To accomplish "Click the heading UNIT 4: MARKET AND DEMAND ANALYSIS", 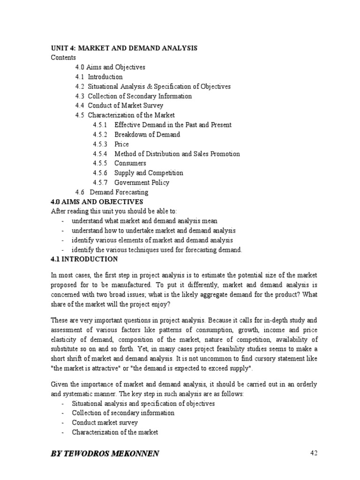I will point(124,48).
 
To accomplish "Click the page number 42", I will point(314,453).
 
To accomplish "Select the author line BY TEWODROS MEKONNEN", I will point(105,453).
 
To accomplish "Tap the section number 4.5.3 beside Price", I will point(100,144).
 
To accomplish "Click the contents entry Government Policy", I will point(142,183).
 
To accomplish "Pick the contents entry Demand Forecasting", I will point(119,192).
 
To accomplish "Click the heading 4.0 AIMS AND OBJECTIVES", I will point(97,202).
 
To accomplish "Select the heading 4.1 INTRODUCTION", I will point(84,259).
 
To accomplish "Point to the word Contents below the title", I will point(63,58).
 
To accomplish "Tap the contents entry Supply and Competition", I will point(149,173).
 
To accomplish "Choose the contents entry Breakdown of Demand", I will point(147,135).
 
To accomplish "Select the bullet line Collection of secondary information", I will point(123,413).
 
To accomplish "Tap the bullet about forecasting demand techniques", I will point(157,250).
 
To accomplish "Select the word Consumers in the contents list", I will point(130,163).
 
